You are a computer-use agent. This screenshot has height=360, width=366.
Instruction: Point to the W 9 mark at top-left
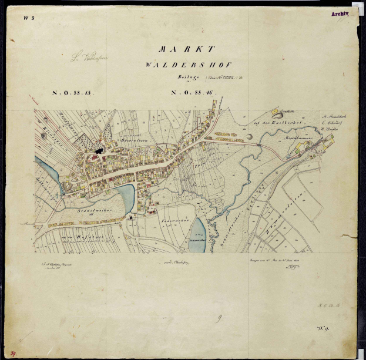click(29, 18)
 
